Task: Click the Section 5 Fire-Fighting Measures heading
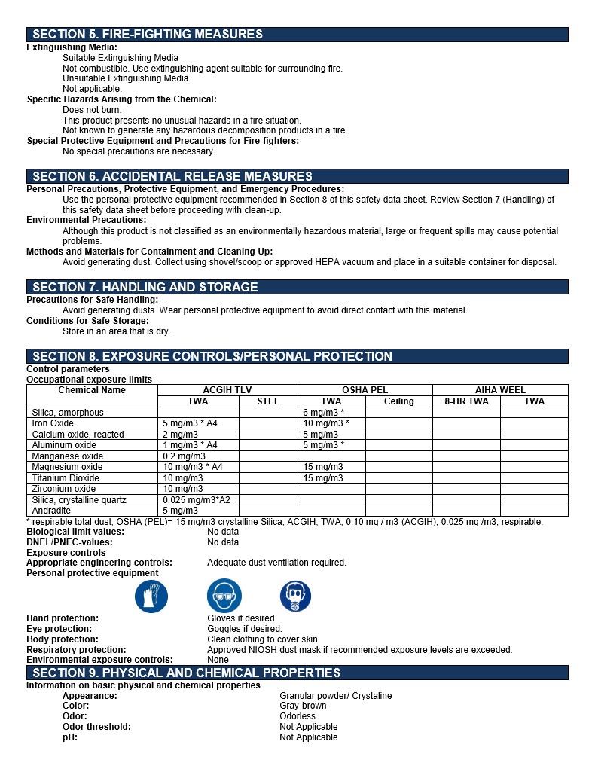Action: pyautogui.click(x=148, y=34)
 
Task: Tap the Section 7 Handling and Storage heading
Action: pyautogui.click(x=145, y=287)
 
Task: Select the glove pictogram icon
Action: pyautogui.click(x=151, y=597)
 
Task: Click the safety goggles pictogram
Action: pyautogui.click(x=224, y=597)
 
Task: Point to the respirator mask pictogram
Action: pyautogui.click(x=295, y=597)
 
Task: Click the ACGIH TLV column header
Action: pyautogui.click(x=227, y=390)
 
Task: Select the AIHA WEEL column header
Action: pyautogui.click(x=500, y=390)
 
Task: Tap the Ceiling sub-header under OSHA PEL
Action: pyautogui.click(x=398, y=401)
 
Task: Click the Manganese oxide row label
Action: pyautogui.click(x=68, y=456)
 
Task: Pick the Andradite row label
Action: pyautogui.click(x=51, y=511)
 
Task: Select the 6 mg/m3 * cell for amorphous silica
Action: pyautogui.click(x=323, y=413)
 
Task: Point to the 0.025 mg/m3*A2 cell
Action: pyautogui.click(x=197, y=500)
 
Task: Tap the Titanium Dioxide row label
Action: pyautogui.click(x=66, y=478)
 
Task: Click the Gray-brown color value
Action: pyautogui.click(x=303, y=706)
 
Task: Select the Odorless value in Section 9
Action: pyautogui.click(x=297, y=716)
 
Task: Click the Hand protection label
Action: pyautogui.click(x=63, y=618)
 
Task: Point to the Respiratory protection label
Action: pyautogui.click(x=76, y=650)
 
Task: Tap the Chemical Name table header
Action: pyautogui.click(x=92, y=390)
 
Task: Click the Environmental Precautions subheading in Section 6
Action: pyautogui.click(x=87, y=220)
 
